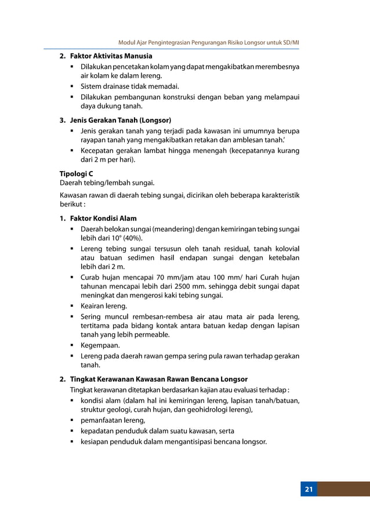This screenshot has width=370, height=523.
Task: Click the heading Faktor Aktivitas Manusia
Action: point(111,56)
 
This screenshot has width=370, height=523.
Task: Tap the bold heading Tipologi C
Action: point(76,173)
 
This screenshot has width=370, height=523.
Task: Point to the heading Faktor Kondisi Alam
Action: point(103,219)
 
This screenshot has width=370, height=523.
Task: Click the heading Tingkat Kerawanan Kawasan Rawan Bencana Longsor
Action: point(158,379)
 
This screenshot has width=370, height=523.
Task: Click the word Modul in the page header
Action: point(126,43)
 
